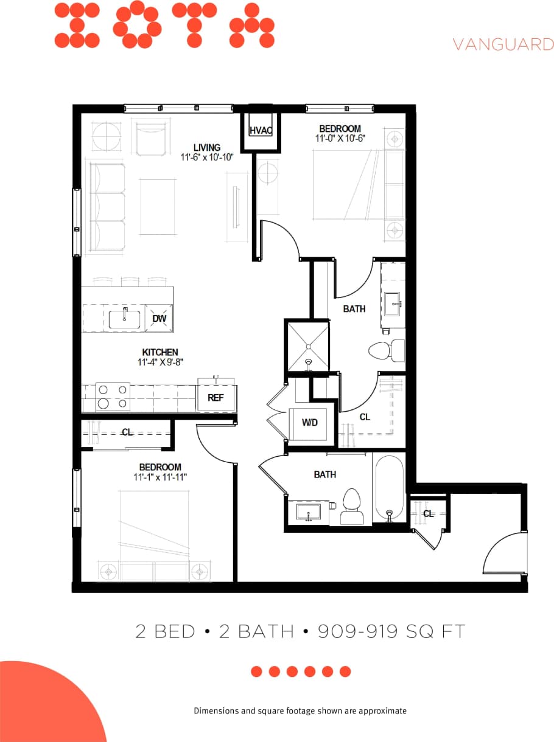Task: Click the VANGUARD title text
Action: (x=503, y=44)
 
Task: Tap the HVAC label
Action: (x=261, y=131)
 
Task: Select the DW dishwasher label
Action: (x=159, y=319)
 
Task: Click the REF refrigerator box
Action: (x=216, y=398)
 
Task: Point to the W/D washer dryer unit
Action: (x=310, y=422)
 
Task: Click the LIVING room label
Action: (x=207, y=147)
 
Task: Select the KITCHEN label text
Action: (x=160, y=352)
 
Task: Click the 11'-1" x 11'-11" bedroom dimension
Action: (x=160, y=477)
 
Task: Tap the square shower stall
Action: (x=308, y=346)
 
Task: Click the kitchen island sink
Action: (x=125, y=319)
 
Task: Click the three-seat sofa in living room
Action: (x=107, y=207)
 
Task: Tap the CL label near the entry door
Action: (x=429, y=513)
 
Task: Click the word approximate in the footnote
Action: (x=382, y=710)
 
